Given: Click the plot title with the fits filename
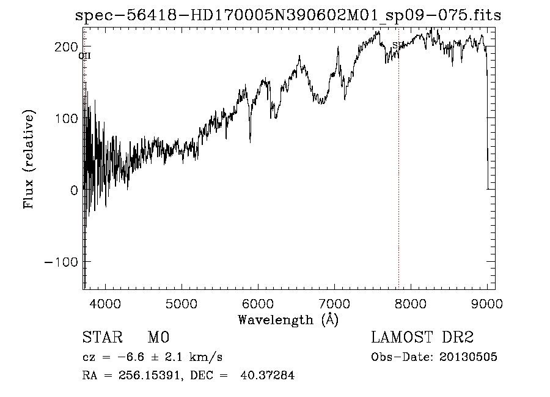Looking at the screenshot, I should tap(287, 16).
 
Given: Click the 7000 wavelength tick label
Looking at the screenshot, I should tap(334, 303).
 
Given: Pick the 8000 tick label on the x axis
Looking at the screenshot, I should tap(411, 303).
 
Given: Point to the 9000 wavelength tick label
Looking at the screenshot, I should tap(487, 303).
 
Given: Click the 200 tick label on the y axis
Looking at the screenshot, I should tap(66, 47).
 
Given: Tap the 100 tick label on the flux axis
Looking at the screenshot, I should tap(66, 119).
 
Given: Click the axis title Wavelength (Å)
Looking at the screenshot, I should tap(288, 319).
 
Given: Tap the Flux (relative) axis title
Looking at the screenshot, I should tap(29, 160).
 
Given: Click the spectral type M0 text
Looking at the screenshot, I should tap(158, 338).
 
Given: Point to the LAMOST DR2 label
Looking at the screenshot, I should tap(422, 338).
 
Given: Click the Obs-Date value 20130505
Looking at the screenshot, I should tap(469, 357).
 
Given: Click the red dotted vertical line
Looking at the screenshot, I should tap(398, 184).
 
